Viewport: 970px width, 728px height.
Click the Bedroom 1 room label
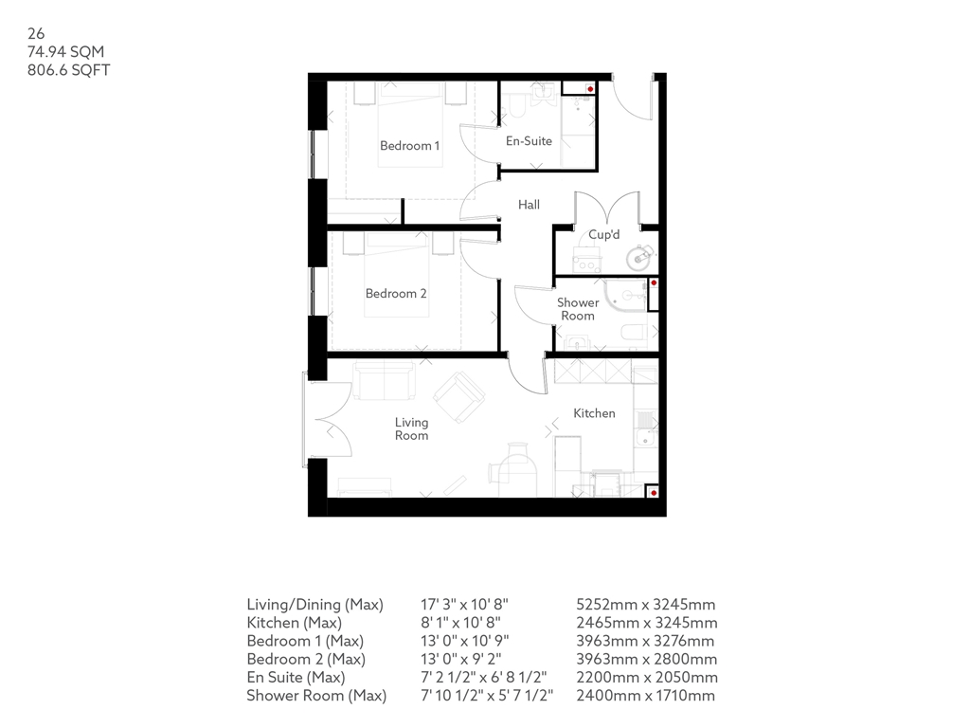[x=409, y=146]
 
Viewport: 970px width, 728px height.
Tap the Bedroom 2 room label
[x=396, y=294]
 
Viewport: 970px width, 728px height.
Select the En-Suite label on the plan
[x=529, y=141]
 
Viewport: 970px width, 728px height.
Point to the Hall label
[x=529, y=205]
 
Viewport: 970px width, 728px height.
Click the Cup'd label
[x=603, y=235]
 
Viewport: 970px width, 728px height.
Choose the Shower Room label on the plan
[x=577, y=309]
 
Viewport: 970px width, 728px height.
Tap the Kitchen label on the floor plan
[x=594, y=413]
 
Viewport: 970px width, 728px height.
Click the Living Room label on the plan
[x=412, y=429]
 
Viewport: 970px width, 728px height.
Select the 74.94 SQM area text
[x=65, y=52]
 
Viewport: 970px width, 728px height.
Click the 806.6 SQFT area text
[x=69, y=70]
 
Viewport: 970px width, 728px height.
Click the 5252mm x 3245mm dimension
[x=646, y=605]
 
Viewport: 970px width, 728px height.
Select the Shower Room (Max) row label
[x=316, y=696]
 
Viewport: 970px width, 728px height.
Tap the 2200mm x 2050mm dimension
[x=647, y=678]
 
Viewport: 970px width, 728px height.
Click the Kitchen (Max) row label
[x=294, y=623]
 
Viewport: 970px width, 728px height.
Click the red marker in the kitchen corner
[x=653, y=492]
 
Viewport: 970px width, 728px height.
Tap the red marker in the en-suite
[x=590, y=88]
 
